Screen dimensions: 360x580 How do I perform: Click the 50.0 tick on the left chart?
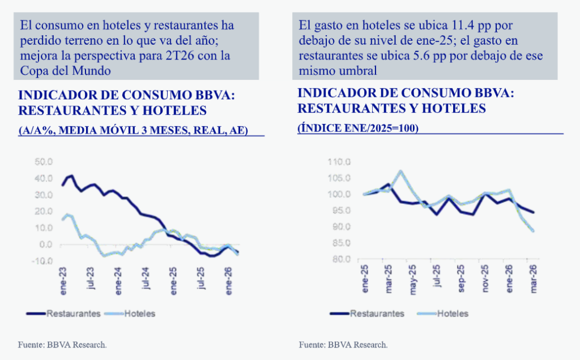point(44,162)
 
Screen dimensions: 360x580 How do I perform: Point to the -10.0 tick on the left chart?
point(43,261)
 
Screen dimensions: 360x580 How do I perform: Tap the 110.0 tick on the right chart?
point(340,162)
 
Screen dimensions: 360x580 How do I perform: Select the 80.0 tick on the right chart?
point(342,260)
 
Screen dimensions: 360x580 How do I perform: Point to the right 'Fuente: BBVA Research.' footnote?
point(343,344)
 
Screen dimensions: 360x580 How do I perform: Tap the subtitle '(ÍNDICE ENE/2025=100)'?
point(357,128)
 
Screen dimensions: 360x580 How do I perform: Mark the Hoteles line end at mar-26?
point(533,230)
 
